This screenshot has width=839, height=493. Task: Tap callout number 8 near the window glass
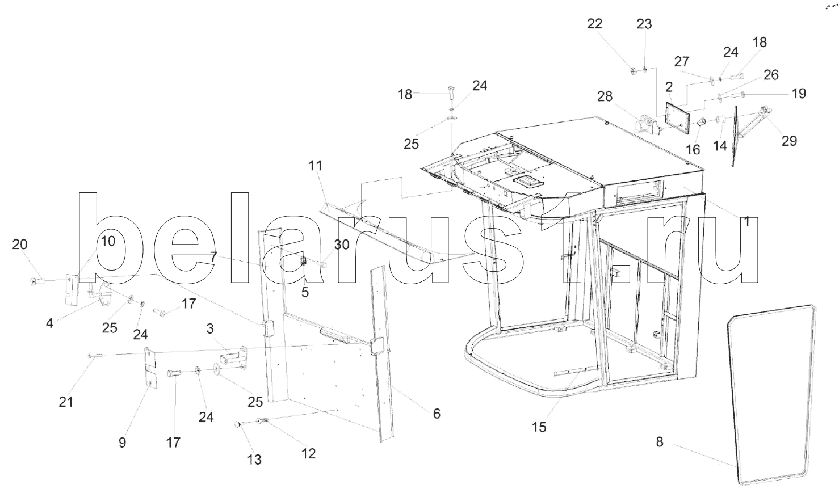coord(659,441)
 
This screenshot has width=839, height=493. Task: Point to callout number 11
coord(315,166)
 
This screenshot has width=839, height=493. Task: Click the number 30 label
coord(342,245)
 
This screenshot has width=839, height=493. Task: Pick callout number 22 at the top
coord(595,24)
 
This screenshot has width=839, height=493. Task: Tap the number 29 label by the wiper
coord(789,141)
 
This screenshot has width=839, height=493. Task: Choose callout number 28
coord(605,96)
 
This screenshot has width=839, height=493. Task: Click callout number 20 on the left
coord(20,245)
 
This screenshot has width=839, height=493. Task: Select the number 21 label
coord(66,402)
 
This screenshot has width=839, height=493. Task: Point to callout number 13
coord(255,460)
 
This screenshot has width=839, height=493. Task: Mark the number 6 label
coord(437,414)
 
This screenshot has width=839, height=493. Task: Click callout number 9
coord(123,442)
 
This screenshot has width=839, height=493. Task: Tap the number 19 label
coord(799,93)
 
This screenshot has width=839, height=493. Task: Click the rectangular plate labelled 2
coord(677,117)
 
